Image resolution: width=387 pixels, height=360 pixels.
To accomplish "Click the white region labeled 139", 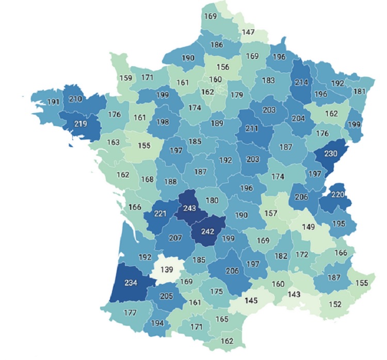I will click(x=167, y=270).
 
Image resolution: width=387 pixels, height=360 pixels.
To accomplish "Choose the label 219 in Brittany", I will click(x=80, y=124).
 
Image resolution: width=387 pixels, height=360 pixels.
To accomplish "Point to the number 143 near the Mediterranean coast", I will click(x=294, y=294).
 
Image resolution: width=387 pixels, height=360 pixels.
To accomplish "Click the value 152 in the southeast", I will click(x=335, y=304).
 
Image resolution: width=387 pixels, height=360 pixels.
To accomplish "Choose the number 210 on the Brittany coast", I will click(x=76, y=98).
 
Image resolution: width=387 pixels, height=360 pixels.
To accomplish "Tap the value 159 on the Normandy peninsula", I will click(x=126, y=79).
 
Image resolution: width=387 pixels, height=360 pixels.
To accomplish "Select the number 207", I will click(x=175, y=239).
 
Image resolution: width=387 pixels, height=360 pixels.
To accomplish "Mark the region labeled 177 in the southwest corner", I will click(x=130, y=312).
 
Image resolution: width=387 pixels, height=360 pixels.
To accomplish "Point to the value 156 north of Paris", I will click(x=223, y=67).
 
